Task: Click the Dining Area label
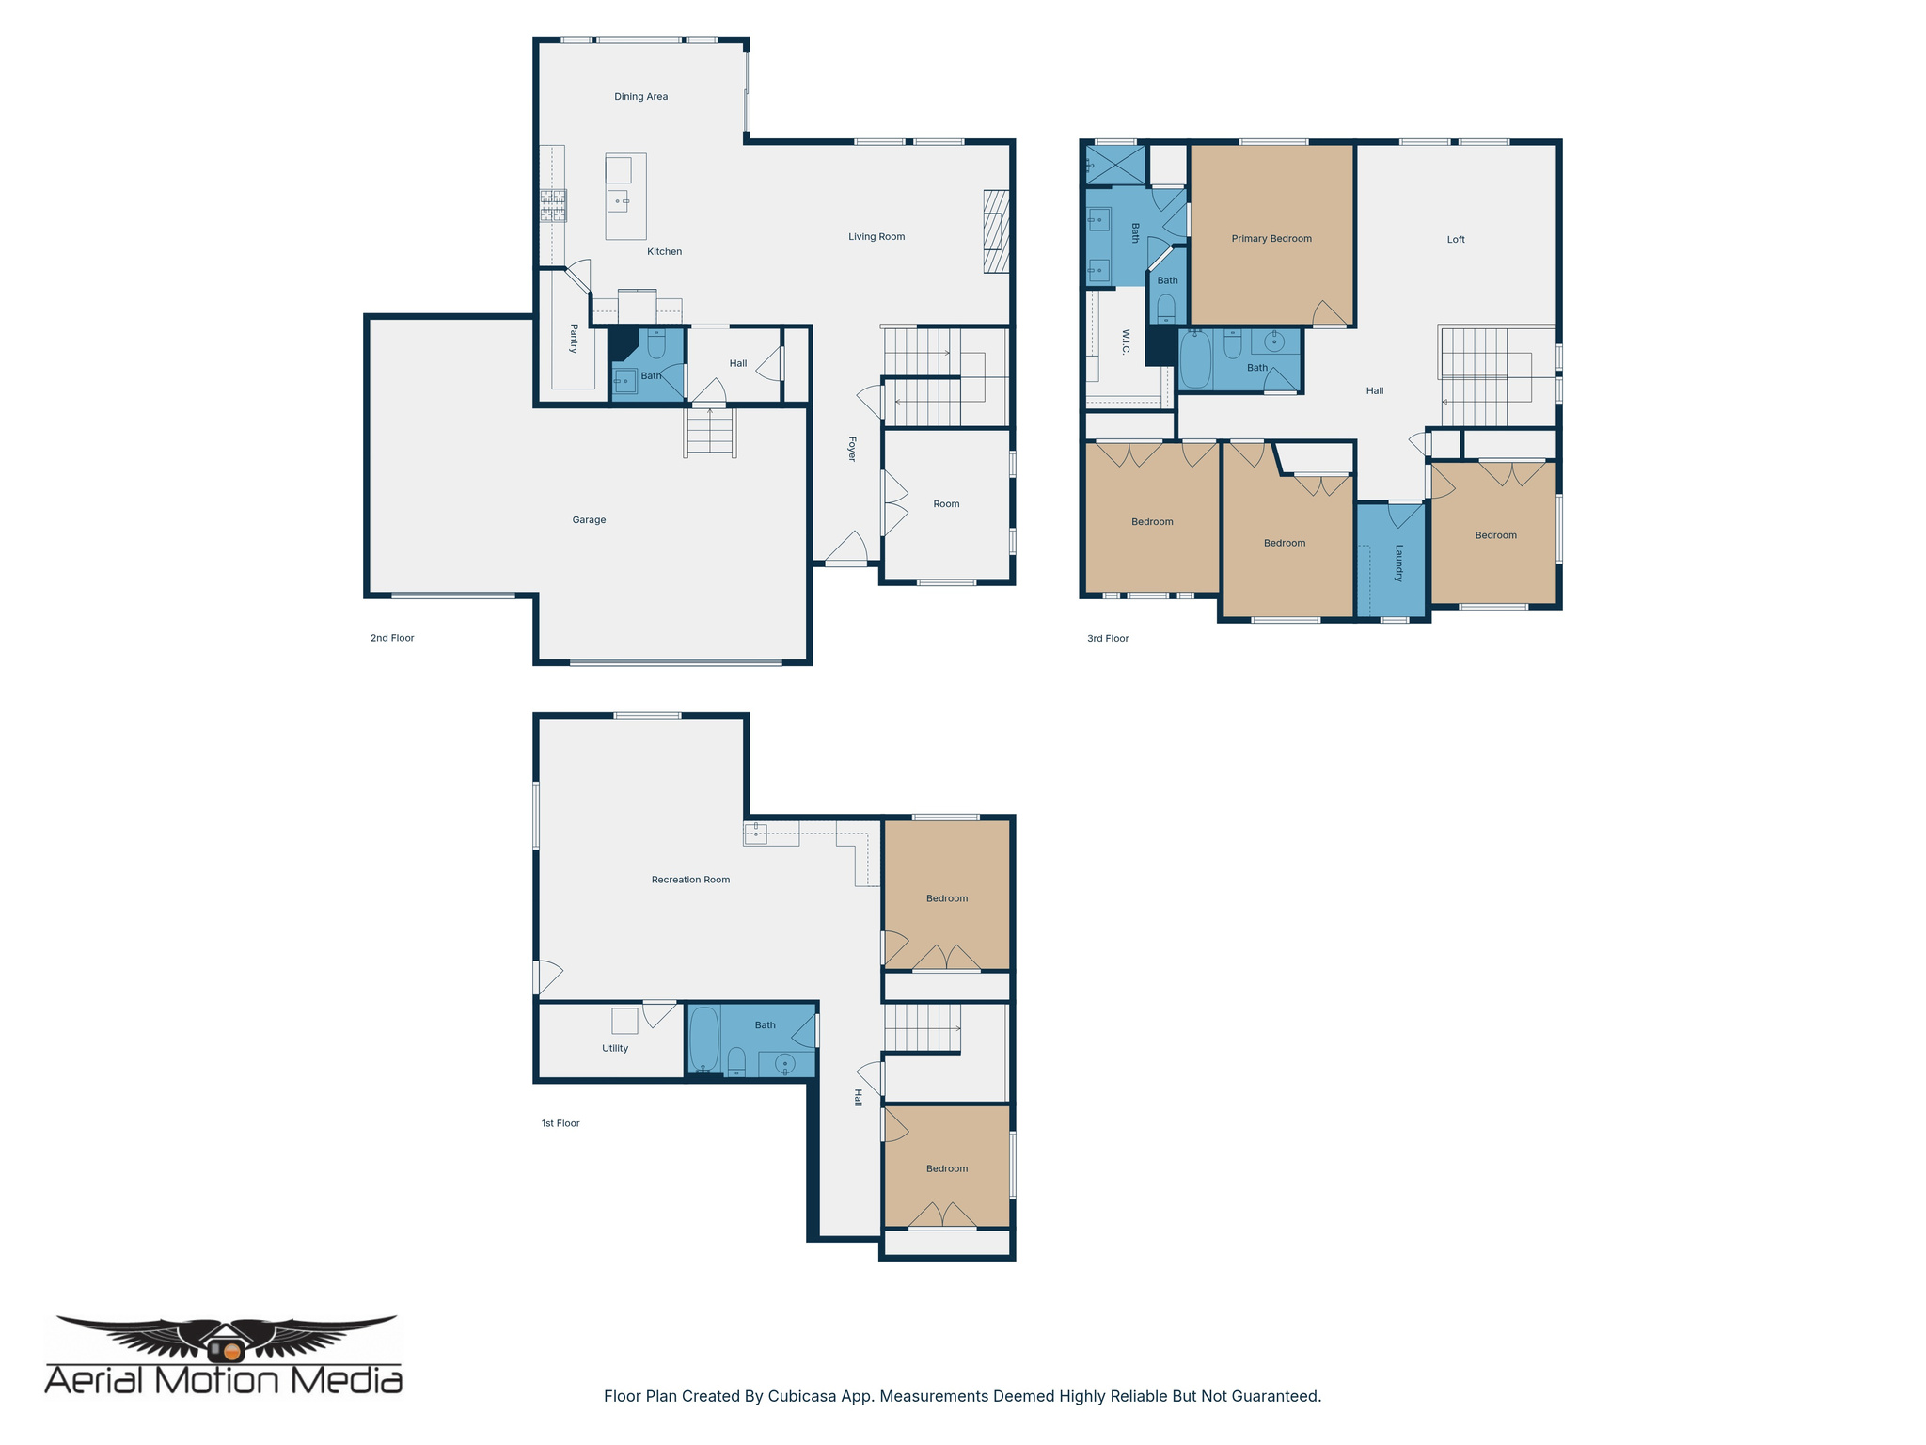[x=640, y=96]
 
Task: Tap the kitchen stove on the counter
[x=553, y=206]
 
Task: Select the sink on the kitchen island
[x=618, y=200]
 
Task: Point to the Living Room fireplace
[x=996, y=231]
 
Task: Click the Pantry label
[x=574, y=338]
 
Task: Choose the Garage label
[x=589, y=519]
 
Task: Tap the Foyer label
[x=852, y=448]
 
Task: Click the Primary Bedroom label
[x=1271, y=238]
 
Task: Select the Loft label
[x=1455, y=239]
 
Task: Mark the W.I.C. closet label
[x=1126, y=341]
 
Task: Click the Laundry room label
[x=1398, y=563]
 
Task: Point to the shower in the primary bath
[x=1116, y=165]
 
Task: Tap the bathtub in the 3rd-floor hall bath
[x=1195, y=359]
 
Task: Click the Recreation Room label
[x=690, y=880]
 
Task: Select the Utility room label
[x=615, y=1048]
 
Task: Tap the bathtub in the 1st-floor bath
[x=704, y=1039]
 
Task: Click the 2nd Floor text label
[x=392, y=638]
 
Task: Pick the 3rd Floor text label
[x=1108, y=638]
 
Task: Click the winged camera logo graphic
[x=226, y=1338]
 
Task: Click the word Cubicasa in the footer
[x=804, y=1396]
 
